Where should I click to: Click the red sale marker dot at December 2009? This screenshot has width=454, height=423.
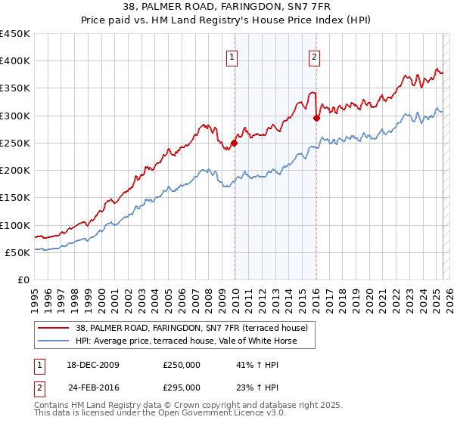tap(235, 143)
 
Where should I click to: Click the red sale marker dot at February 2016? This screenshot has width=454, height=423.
tap(316, 118)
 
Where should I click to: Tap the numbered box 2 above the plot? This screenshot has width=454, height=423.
tap(314, 55)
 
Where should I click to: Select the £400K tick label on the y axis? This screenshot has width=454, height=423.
tap(15, 61)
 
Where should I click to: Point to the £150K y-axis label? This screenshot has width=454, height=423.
tap(15, 198)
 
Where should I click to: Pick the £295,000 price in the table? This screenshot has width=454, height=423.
tap(181, 387)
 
